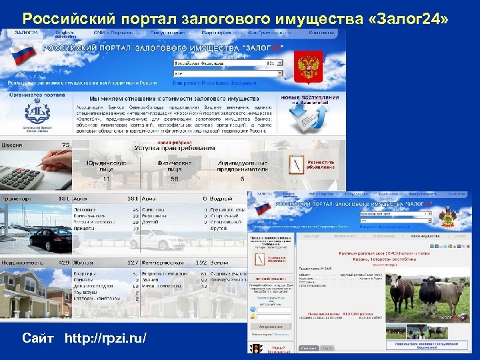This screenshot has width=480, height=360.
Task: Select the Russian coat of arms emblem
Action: tap(309, 67)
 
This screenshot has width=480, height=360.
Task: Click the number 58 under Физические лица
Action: tap(174, 179)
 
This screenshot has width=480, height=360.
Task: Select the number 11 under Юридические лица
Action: tap(106, 179)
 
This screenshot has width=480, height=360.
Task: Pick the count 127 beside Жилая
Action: tap(132, 263)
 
